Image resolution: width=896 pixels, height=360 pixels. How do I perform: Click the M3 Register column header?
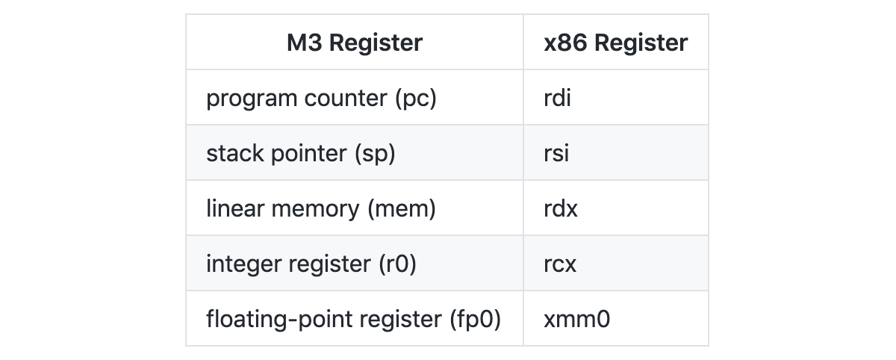(x=355, y=43)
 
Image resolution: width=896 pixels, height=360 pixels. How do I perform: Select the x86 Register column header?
(x=615, y=43)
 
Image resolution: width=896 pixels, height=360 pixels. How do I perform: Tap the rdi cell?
(x=557, y=98)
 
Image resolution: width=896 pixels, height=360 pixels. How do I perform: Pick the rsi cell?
(x=556, y=153)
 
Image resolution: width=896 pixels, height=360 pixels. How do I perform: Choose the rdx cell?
(x=561, y=208)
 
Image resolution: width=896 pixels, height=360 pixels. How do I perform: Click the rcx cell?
(x=560, y=264)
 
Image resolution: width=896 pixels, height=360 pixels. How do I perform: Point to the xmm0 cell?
(x=576, y=319)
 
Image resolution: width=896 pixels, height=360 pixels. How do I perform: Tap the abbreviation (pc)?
(x=416, y=99)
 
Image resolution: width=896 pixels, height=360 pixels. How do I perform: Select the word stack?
(x=235, y=153)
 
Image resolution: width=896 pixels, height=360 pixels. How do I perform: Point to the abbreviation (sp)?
(x=375, y=154)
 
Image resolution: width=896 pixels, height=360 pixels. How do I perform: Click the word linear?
(x=235, y=208)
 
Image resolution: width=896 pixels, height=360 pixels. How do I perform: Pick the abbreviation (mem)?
(x=402, y=209)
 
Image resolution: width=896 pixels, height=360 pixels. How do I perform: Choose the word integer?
(x=243, y=264)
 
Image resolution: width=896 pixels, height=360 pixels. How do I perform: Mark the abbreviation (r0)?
(x=397, y=264)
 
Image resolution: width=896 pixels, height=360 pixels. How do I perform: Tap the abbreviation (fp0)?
(x=475, y=319)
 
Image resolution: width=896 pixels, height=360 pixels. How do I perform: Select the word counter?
(x=346, y=99)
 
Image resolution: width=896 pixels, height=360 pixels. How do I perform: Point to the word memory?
(x=316, y=210)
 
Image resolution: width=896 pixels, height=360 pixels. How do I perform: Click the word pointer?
(x=309, y=154)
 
